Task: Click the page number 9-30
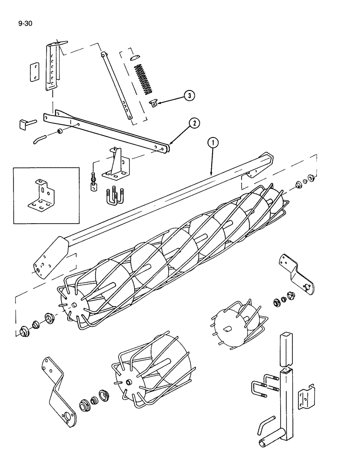coord(25,22)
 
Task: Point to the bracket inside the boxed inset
coord(42,195)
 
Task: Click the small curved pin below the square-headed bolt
coord(39,138)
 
